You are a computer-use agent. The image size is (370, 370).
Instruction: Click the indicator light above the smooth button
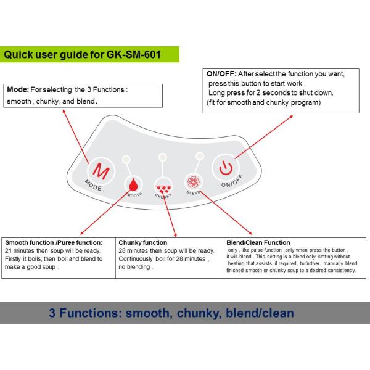(126, 159)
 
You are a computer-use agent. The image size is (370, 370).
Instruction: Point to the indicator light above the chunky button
(162, 157)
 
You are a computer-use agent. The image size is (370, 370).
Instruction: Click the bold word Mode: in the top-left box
(17, 89)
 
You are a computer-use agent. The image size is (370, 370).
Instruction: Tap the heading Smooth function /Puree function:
(54, 242)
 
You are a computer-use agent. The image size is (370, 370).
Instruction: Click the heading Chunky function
(142, 242)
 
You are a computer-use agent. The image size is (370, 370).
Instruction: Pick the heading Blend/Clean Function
(258, 242)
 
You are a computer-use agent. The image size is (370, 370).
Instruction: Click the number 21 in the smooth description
(9, 250)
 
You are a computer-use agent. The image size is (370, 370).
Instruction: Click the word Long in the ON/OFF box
(216, 92)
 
